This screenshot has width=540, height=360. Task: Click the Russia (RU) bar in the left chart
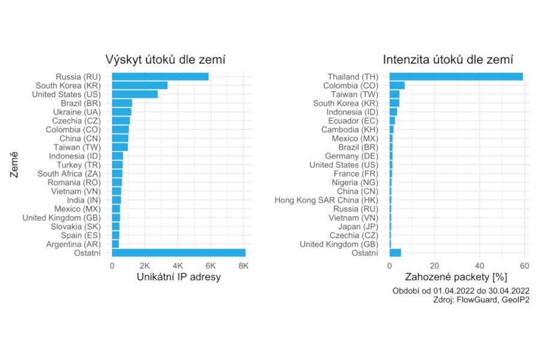160,77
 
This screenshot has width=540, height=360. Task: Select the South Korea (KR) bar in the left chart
140,85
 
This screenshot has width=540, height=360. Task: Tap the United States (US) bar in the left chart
135,94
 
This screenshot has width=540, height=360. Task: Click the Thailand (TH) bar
456,77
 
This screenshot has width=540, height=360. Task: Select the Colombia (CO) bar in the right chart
397,85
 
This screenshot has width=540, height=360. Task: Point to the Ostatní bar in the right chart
395,253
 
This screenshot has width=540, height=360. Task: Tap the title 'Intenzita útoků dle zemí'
448,59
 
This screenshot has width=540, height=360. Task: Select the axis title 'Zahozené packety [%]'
457,277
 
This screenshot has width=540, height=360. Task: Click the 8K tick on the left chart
242,265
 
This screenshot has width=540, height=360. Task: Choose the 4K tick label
177,265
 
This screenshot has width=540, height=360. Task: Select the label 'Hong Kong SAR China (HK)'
326,200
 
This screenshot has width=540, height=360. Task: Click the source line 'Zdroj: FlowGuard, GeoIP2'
481,300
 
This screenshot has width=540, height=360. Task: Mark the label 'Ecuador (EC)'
352,121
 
